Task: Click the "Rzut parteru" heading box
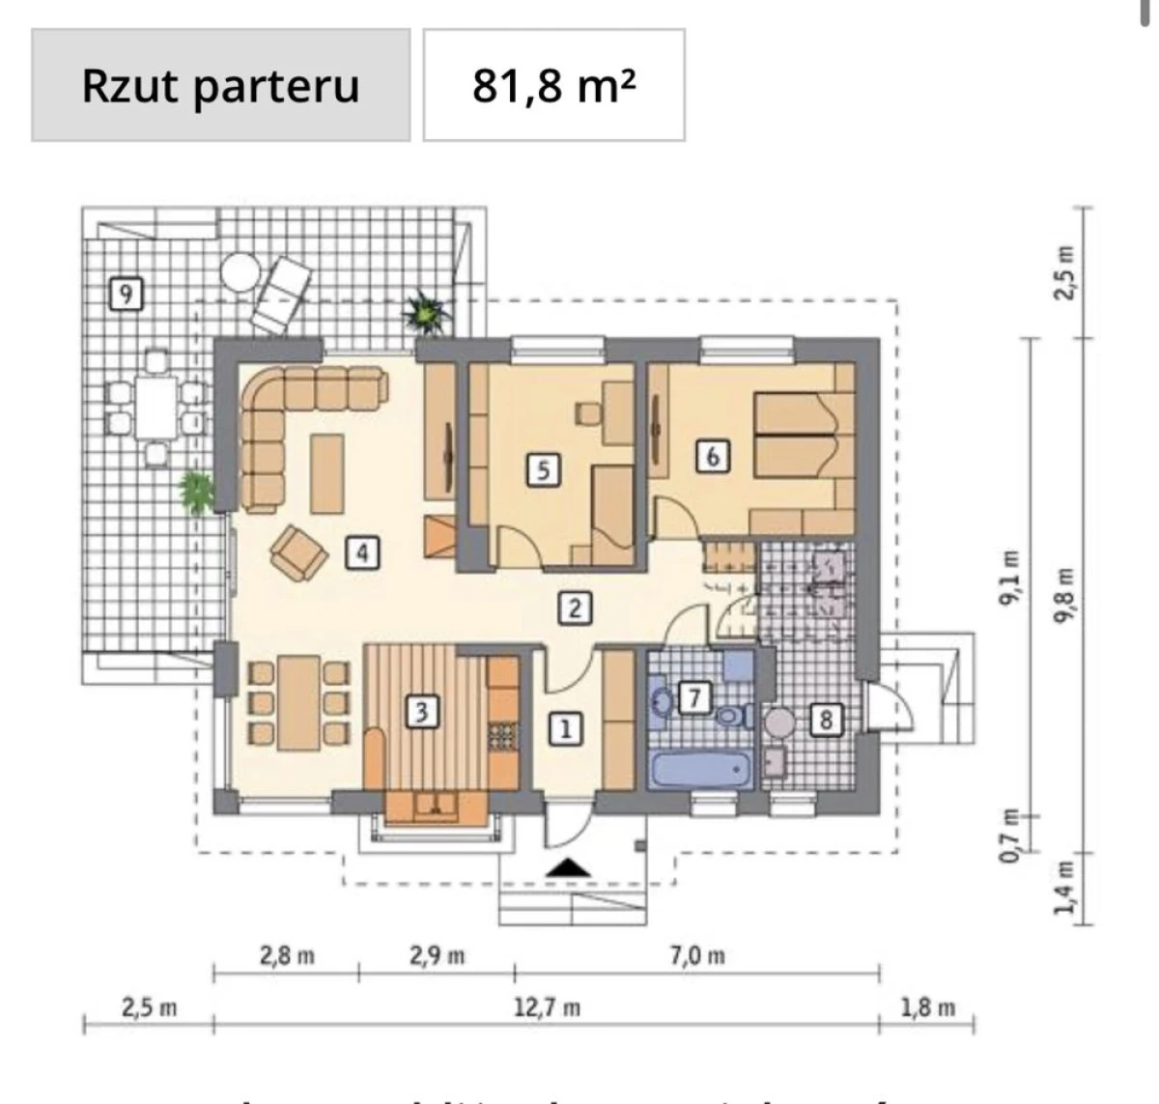(x=220, y=85)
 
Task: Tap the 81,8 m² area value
(x=553, y=85)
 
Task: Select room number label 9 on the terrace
(x=126, y=292)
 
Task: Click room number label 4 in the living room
(x=362, y=552)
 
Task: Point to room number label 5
(x=543, y=470)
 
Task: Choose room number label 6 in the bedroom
(x=713, y=455)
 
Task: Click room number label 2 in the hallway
(x=575, y=608)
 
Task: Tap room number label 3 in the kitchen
(x=421, y=712)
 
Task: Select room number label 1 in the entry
(x=566, y=728)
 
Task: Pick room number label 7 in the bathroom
(x=693, y=696)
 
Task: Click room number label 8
(x=825, y=720)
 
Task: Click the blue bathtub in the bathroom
(x=702, y=770)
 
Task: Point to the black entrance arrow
(x=568, y=867)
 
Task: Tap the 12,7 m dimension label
(x=547, y=1007)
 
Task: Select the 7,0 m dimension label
(x=697, y=956)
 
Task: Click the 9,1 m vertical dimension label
(x=1009, y=578)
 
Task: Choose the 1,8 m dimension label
(x=927, y=1007)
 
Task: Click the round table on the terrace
(x=240, y=272)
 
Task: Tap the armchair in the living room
(x=298, y=553)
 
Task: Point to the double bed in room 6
(x=794, y=435)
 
